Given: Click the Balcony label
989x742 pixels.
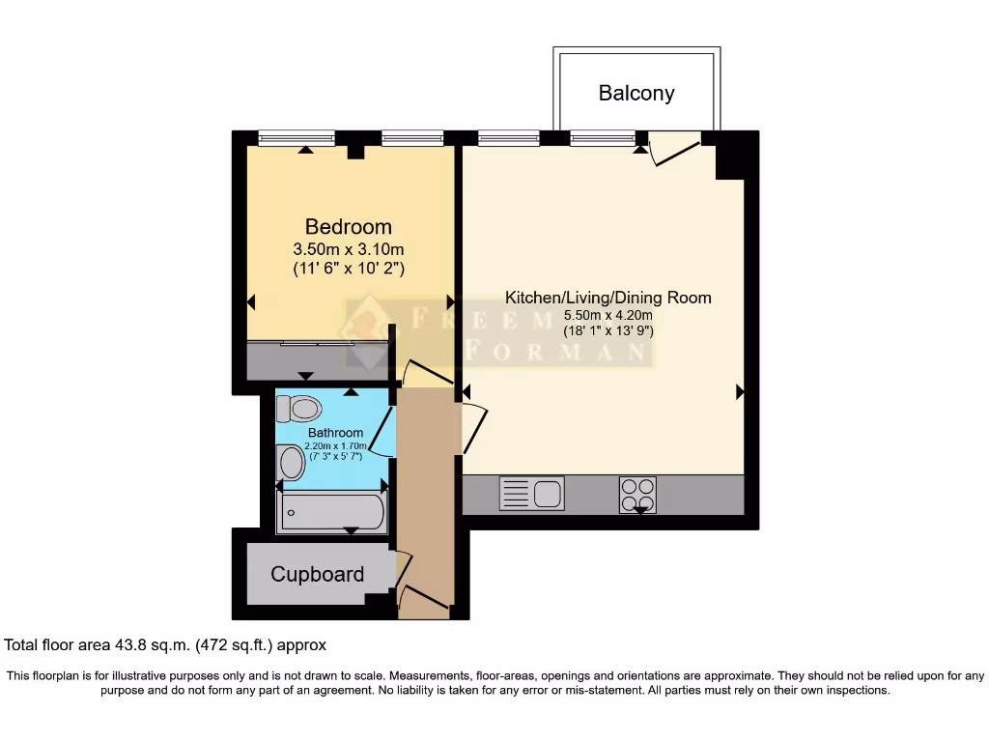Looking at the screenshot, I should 636,94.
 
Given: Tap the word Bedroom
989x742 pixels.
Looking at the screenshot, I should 349,227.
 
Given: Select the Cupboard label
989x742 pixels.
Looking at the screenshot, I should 317,575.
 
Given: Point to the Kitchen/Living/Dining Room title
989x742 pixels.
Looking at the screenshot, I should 608,297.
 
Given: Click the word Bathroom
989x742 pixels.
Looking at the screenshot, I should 335,432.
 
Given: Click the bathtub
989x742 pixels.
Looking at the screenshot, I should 331,512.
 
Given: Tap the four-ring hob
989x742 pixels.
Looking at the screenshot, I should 637,494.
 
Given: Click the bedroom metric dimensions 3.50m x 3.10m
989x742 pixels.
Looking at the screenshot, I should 349,250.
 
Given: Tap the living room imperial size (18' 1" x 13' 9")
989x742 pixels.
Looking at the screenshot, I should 608,331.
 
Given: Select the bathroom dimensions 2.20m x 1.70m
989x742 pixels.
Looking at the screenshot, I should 335,445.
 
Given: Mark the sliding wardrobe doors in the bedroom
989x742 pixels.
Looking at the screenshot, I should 319,342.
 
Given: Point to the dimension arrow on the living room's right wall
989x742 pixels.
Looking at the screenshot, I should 740,392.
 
